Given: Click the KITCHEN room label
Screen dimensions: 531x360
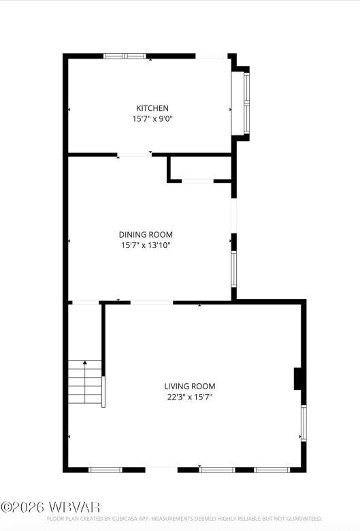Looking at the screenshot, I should (x=152, y=108).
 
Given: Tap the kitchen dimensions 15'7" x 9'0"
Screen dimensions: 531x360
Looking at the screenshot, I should (x=152, y=118).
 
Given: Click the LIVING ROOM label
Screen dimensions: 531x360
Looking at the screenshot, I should (x=189, y=386).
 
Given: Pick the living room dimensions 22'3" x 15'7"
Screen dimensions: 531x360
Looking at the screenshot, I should (x=189, y=397).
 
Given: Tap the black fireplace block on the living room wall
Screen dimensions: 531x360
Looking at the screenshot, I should (x=298, y=379).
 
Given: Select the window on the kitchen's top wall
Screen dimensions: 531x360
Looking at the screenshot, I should (x=125, y=56).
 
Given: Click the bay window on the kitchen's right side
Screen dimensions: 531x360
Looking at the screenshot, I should (x=246, y=102).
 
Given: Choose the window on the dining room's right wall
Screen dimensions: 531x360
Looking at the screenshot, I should (x=233, y=269).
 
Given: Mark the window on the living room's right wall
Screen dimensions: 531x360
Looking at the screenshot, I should (x=304, y=423).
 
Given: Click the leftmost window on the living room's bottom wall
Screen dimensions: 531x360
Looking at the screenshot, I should (x=105, y=469).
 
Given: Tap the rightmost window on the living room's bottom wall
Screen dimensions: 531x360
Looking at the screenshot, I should (x=272, y=469).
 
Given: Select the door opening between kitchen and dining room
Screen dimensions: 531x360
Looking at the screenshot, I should (x=135, y=155).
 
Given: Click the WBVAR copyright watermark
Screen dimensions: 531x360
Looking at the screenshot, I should (x=50, y=507).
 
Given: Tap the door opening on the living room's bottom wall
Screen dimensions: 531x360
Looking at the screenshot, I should (x=161, y=469).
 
